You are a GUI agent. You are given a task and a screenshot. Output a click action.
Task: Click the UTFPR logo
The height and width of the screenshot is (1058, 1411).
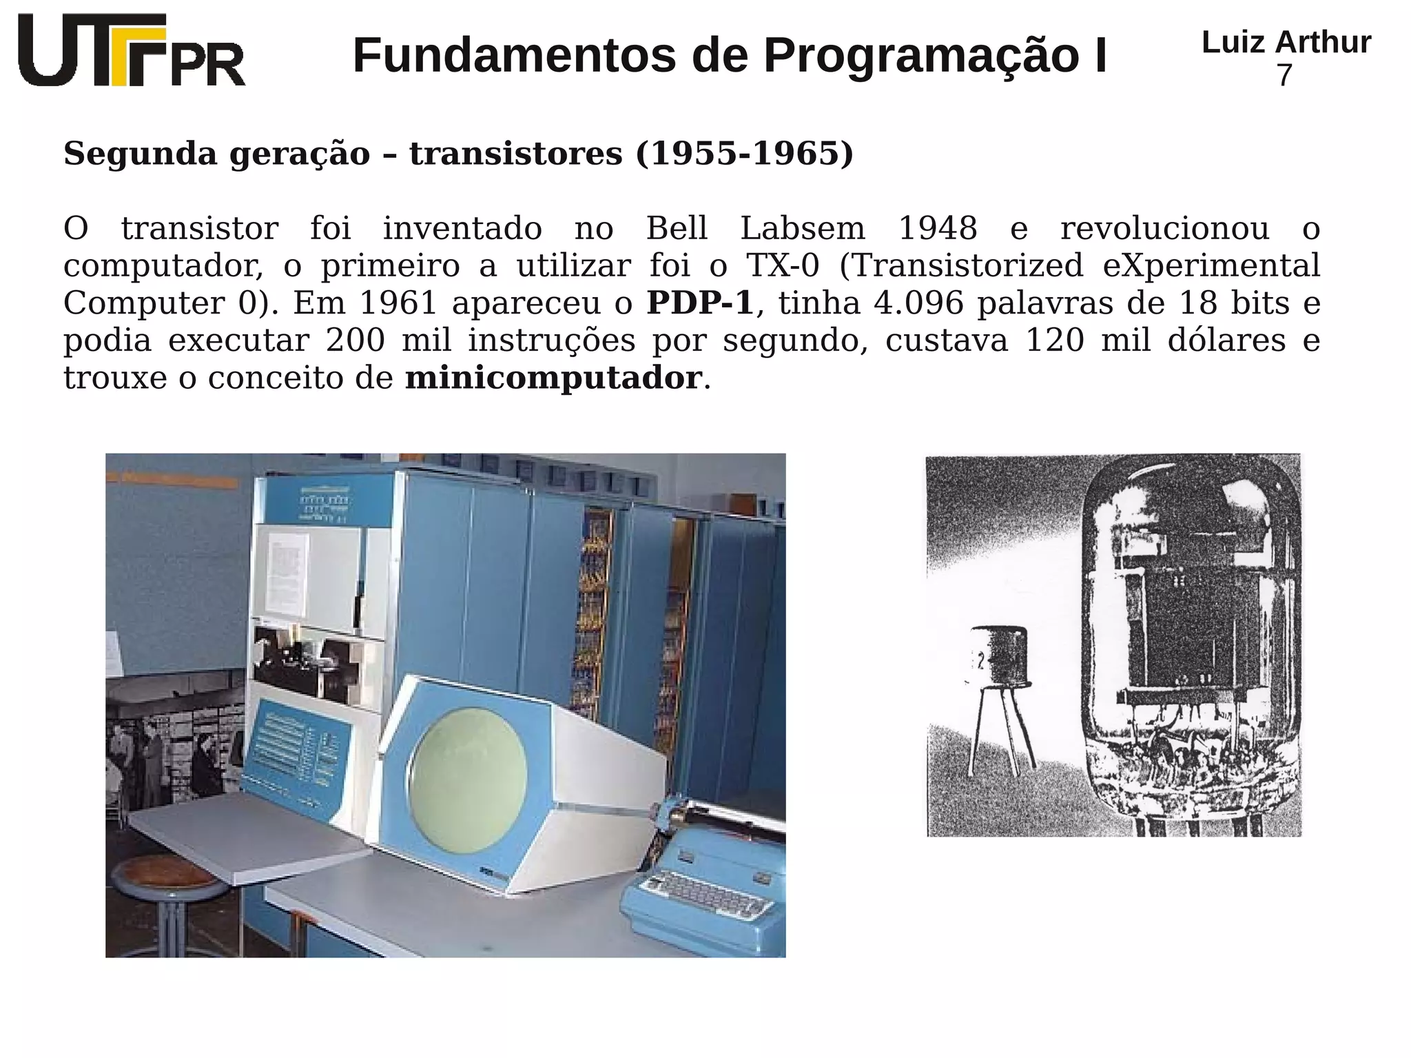[131, 50]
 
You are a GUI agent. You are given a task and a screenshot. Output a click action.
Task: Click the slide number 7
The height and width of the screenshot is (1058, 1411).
[1284, 75]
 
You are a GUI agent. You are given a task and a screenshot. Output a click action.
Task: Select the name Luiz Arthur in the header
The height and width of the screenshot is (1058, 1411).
[1286, 42]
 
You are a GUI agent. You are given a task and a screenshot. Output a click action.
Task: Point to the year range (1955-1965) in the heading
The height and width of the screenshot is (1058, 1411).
[744, 153]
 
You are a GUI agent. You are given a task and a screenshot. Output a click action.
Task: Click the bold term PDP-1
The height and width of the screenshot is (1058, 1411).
[700, 303]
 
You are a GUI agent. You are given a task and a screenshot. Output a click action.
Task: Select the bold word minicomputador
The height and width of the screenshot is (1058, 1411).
[553, 378]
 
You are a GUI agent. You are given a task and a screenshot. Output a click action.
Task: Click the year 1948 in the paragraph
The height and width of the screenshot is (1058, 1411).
[937, 228]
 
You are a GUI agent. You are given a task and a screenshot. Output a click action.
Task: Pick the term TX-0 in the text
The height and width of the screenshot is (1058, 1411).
[783, 265]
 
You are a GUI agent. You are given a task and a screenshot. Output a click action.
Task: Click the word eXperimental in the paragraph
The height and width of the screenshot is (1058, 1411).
[1211, 265]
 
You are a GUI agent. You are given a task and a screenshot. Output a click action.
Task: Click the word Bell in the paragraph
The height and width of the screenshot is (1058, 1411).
[677, 228]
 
